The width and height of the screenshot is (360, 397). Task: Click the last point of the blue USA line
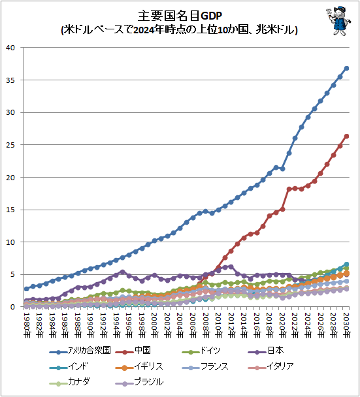pos(346,69)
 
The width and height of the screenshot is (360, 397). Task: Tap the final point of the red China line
pos(346,136)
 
